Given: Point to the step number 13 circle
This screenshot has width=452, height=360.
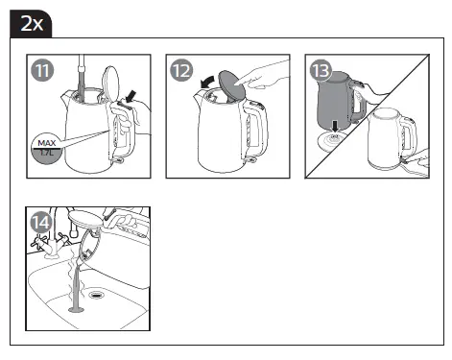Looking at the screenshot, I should pyautogui.click(x=321, y=71).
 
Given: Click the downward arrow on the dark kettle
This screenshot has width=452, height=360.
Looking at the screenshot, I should pyautogui.click(x=334, y=124).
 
